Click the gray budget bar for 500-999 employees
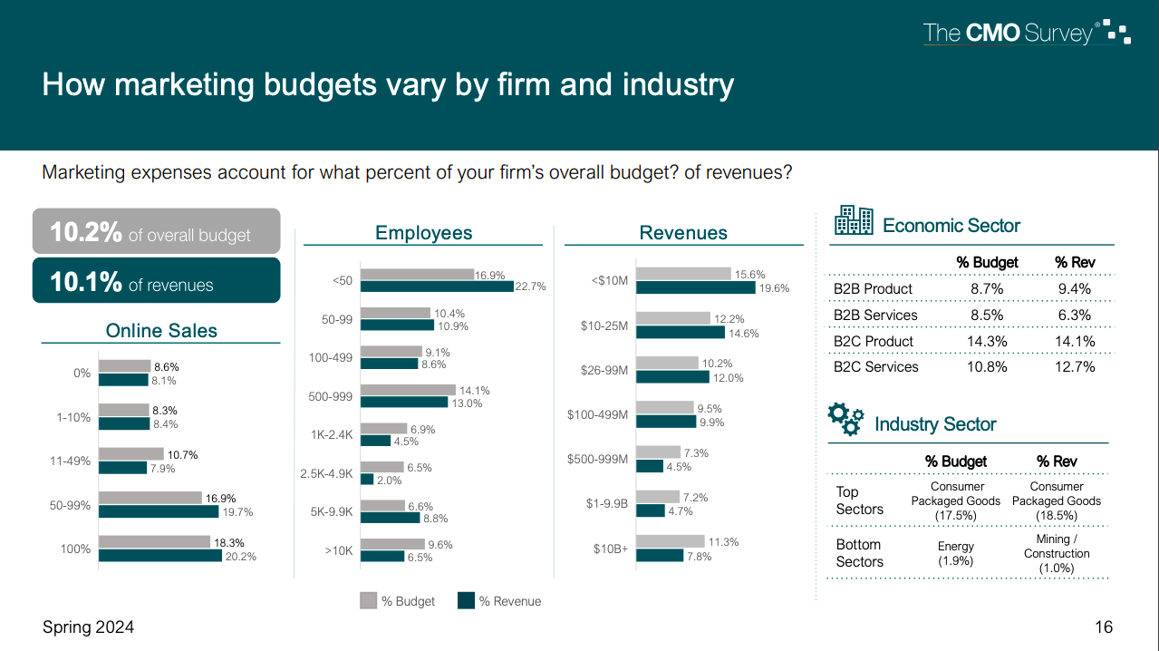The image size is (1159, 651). pos(407,391)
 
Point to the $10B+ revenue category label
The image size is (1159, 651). pos(610,549)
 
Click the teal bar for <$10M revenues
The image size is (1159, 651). pos(695,287)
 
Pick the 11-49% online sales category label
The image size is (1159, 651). pos(70,461)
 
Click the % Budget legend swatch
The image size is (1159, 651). pos(369,600)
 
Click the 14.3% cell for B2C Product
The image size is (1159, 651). pos(987,341)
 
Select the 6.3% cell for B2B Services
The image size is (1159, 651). pos(1075,315)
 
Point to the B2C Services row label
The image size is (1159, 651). pos(875,366)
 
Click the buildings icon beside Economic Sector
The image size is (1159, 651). pos(854,220)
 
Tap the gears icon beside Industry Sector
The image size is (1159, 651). pos(846,419)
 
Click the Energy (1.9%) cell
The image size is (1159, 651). pos(956,553)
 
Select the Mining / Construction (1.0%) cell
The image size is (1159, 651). pos(1057,553)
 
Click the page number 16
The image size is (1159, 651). pos(1103,627)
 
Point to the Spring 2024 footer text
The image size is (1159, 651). pos(88,627)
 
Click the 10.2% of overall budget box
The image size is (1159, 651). pos(156,232)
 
